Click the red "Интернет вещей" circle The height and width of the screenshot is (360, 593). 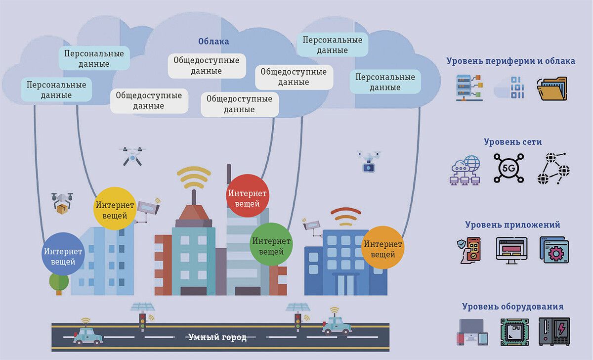(247, 196)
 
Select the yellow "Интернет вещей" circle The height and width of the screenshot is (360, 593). (115, 208)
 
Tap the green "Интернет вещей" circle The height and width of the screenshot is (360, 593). (271, 244)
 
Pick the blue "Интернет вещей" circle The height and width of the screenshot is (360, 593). (63, 254)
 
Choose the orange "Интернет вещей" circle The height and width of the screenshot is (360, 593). (382, 247)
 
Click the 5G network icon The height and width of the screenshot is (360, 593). (508, 168)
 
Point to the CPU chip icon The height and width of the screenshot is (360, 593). (514, 332)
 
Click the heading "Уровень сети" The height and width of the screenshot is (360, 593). (512, 142)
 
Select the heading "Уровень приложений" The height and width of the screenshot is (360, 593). (512, 225)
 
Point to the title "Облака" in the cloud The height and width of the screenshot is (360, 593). (213, 42)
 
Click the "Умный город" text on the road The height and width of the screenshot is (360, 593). (217, 337)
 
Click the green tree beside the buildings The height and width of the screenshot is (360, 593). (59, 284)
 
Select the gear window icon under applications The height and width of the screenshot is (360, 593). (554, 250)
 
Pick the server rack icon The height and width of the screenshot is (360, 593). (469, 88)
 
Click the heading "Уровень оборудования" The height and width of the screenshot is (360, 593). (512, 307)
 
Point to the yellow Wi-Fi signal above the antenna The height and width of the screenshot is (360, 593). (194, 177)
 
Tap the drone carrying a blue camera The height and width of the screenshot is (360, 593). (369, 162)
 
